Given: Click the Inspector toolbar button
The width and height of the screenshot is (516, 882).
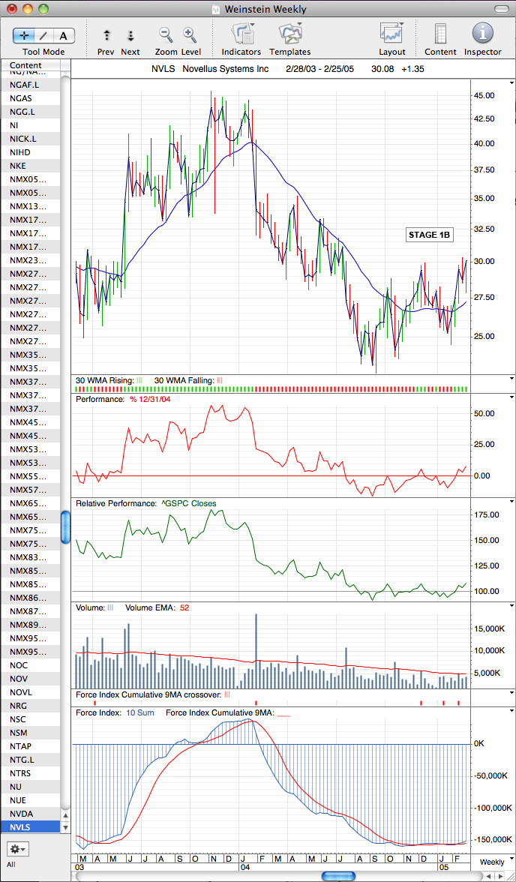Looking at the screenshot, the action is [482, 34].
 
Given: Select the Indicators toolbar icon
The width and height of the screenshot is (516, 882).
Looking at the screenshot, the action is [241, 34].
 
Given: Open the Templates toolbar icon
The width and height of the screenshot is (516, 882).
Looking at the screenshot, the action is [290, 34].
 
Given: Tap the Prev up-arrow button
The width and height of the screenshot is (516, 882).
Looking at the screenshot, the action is [106, 35].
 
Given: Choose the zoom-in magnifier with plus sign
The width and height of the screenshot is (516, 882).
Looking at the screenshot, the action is [189, 34].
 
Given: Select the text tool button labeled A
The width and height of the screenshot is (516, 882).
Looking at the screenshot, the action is [64, 36].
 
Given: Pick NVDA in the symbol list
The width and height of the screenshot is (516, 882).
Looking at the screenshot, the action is [22, 814].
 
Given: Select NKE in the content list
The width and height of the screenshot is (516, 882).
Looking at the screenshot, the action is [17, 166].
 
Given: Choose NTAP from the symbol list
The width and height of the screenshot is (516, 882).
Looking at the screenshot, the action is [22, 745].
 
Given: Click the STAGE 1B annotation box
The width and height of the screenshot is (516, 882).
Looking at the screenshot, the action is [430, 235].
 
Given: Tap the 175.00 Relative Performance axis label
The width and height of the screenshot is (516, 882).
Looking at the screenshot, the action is [485, 514].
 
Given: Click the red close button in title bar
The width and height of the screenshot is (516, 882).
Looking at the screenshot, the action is [12, 9].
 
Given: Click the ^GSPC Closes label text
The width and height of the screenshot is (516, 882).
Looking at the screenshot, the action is [188, 503].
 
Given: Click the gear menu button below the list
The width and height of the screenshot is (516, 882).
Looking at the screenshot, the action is [18, 848].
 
